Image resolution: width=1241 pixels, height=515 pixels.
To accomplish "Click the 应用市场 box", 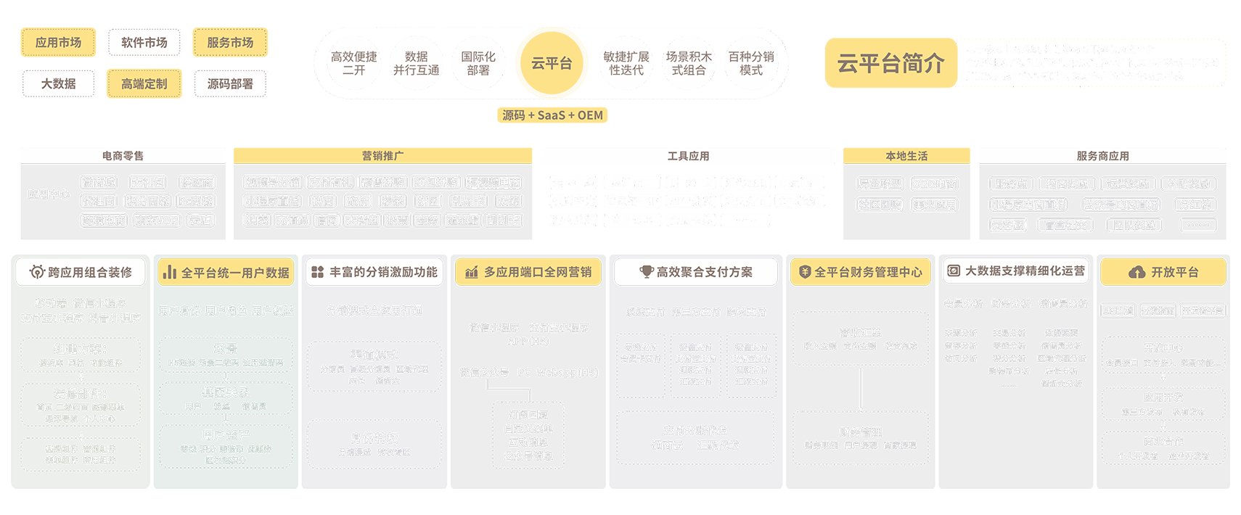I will click(59, 43).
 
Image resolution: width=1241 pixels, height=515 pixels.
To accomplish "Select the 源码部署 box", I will click(230, 84).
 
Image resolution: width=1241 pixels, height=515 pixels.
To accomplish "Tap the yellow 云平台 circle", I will click(552, 64).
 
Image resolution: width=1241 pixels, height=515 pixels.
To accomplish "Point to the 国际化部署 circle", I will click(478, 64).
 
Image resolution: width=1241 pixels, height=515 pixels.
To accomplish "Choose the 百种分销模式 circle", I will click(751, 64).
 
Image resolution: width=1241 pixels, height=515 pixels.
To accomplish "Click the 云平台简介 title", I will click(890, 64).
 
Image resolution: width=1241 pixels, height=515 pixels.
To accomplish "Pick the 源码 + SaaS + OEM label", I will click(552, 115).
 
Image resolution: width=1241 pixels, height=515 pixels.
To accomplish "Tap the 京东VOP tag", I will click(157, 221).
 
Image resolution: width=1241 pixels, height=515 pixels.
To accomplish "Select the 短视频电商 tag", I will click(493, 183).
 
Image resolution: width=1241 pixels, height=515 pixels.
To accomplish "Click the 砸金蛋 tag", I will click(462, 221).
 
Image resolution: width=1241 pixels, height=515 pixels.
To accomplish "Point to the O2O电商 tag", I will click(934, 184).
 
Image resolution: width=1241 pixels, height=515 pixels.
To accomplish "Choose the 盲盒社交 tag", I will click(1065, 226).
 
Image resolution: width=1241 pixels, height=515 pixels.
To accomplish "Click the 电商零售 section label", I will click(123, 156).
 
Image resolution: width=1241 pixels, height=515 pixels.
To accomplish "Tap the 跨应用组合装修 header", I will click(81, 272).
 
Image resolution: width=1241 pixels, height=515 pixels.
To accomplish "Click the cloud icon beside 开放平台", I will click(1136, 272).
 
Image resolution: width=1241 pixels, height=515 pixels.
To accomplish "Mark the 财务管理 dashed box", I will click(861, 437).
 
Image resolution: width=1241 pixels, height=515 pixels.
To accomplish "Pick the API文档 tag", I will click(1118, 310).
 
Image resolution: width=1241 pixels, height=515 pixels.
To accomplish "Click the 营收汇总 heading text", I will click(861, 333).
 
